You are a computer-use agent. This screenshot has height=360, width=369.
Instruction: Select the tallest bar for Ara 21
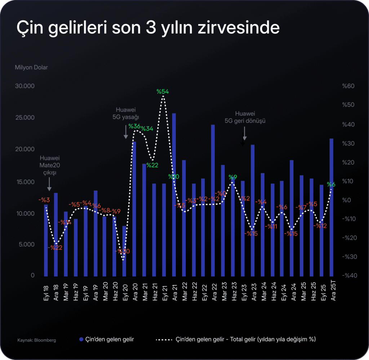click(174, 194)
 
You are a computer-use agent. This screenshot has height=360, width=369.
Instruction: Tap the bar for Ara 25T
click(331, 207)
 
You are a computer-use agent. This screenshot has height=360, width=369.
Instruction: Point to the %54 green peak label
click(163, 91)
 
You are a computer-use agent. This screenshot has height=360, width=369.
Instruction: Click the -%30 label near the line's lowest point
click(123, 251)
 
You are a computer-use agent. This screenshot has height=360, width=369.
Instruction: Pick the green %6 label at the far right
click(331, 184)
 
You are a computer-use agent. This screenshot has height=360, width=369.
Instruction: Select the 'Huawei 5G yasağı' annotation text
click(126, 113)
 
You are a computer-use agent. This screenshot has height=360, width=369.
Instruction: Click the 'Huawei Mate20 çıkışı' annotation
click(49, 165)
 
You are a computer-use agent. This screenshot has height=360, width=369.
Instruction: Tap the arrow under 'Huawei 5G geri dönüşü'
click(245, 134)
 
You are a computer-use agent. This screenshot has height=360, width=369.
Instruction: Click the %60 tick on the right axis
click(348, 86)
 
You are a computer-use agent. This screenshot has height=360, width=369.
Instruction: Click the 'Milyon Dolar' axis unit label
click(31, 67)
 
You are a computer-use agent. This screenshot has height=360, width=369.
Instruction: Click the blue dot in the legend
click(81, 339)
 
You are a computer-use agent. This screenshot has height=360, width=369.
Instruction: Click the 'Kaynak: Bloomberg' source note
click(36, 340)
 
